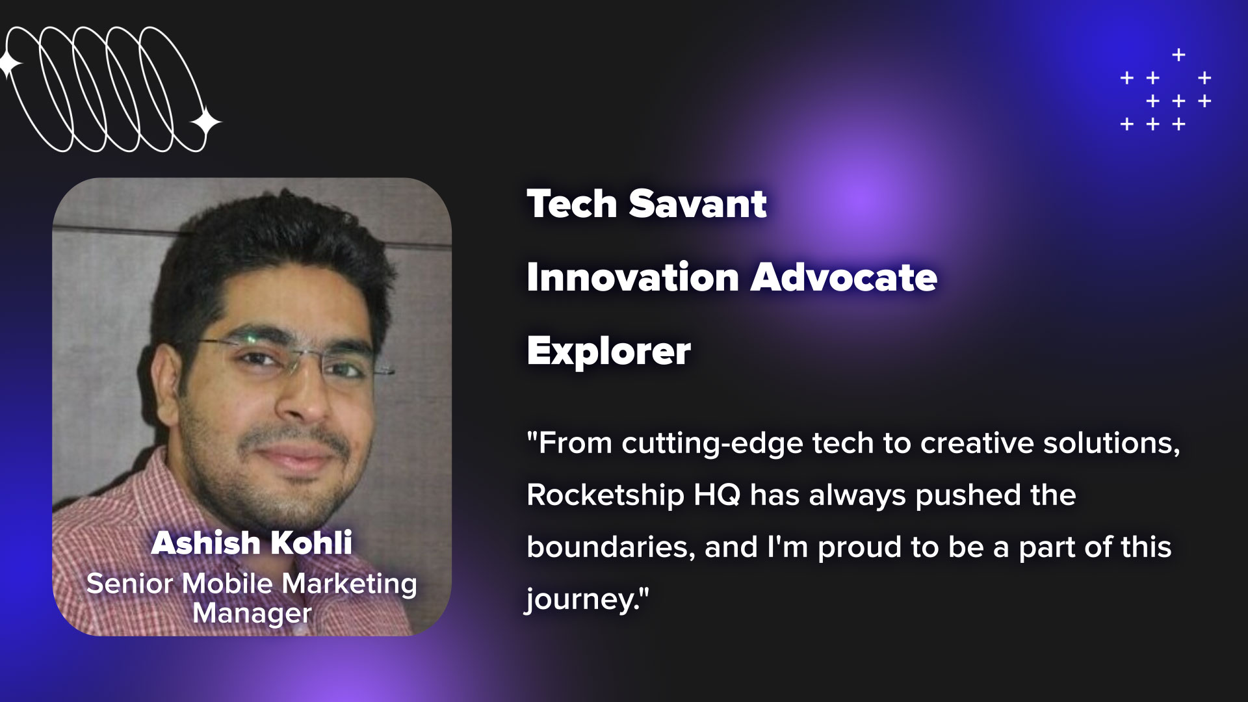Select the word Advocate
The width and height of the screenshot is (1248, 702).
coord(844,278)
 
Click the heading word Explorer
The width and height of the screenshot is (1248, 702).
coord(609,352)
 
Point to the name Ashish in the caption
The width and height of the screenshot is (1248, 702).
coord(206,543)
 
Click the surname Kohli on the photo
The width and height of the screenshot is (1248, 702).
coord(311,543)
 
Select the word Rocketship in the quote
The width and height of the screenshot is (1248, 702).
coord(605,495)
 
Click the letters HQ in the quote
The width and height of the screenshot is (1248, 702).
coord(717,495)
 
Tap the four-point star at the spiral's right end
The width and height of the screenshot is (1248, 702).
coord(205,123)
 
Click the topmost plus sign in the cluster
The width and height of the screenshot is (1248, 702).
coord(1178,55)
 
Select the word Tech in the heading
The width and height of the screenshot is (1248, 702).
coord(572,204)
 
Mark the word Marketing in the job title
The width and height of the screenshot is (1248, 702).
coord(349,584)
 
